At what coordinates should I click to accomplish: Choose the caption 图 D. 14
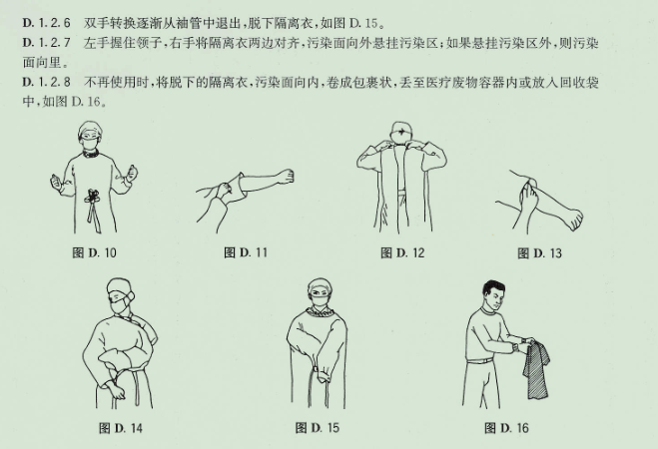click(123, 428)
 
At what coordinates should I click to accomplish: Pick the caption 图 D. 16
click(504, 428)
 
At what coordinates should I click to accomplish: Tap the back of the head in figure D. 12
click(401, 134)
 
